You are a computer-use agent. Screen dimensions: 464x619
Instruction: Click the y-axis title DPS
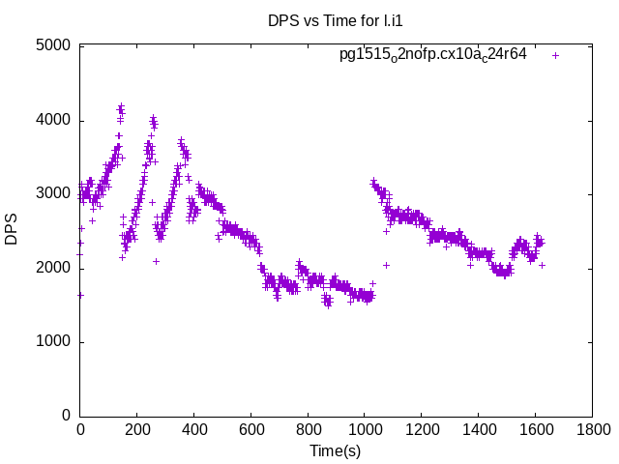[12, 230]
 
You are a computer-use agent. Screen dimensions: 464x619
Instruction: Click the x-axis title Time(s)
[335, 450]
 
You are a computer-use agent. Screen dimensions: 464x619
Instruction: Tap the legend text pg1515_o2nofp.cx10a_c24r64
[432, 55]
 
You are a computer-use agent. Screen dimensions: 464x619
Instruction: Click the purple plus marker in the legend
[555, 55]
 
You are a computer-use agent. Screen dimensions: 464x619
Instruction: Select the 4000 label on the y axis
[54, 120]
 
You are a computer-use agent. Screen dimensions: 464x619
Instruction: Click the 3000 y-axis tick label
[54, 194]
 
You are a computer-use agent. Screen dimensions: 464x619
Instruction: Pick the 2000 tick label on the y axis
[54, 268]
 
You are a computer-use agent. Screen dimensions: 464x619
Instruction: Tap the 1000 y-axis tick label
[54, 342]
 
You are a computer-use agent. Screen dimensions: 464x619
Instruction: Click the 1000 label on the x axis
[364, 429]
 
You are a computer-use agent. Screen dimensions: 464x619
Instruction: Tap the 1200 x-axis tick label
[421, 429]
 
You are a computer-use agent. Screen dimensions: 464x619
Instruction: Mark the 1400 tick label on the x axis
[478, 429]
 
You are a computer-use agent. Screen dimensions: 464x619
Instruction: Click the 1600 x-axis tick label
[535, 429]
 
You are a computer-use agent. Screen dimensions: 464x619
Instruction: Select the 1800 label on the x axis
[591, 429]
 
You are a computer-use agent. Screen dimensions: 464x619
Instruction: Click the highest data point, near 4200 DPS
[121, 106]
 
